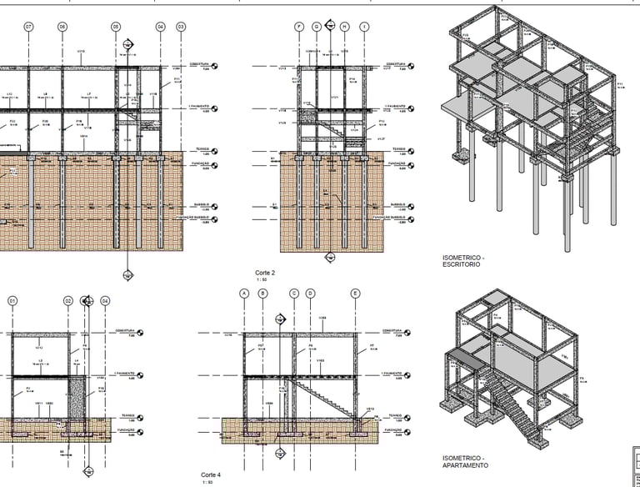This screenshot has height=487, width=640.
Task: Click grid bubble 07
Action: coord(29,28)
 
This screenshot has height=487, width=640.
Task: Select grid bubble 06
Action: coord(62,28)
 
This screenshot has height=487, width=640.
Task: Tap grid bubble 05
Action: coord(115,28)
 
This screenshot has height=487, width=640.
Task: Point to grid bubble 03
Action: coord(181,28)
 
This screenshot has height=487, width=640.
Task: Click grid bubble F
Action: coord(299,28)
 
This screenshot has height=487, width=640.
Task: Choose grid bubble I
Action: coord(364,28)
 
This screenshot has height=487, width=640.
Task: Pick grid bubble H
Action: coord(344,28)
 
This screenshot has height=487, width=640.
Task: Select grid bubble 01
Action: coord(12,300)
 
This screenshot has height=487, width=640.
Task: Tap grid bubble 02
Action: coord(68,300)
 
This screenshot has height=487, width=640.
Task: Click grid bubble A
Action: coord(244,294)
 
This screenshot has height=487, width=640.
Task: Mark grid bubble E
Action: coord(355,294)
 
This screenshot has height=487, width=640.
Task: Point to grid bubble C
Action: coord(294,294)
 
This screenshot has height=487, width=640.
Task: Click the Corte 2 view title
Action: coord(265,273)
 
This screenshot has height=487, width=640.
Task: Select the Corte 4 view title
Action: coord(211,474)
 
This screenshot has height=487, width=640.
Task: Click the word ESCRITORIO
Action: coord(462,264)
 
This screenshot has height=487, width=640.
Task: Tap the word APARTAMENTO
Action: coord(466,465)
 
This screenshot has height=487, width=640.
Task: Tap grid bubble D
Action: coord(310,294)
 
